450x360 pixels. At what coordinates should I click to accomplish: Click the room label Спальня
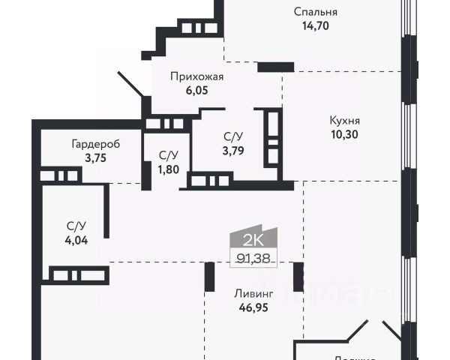(315, 12)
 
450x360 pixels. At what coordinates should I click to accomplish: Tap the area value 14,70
(315, 25)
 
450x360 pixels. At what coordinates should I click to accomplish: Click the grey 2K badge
(252, 240)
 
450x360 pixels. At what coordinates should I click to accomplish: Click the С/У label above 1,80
(168, 154)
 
